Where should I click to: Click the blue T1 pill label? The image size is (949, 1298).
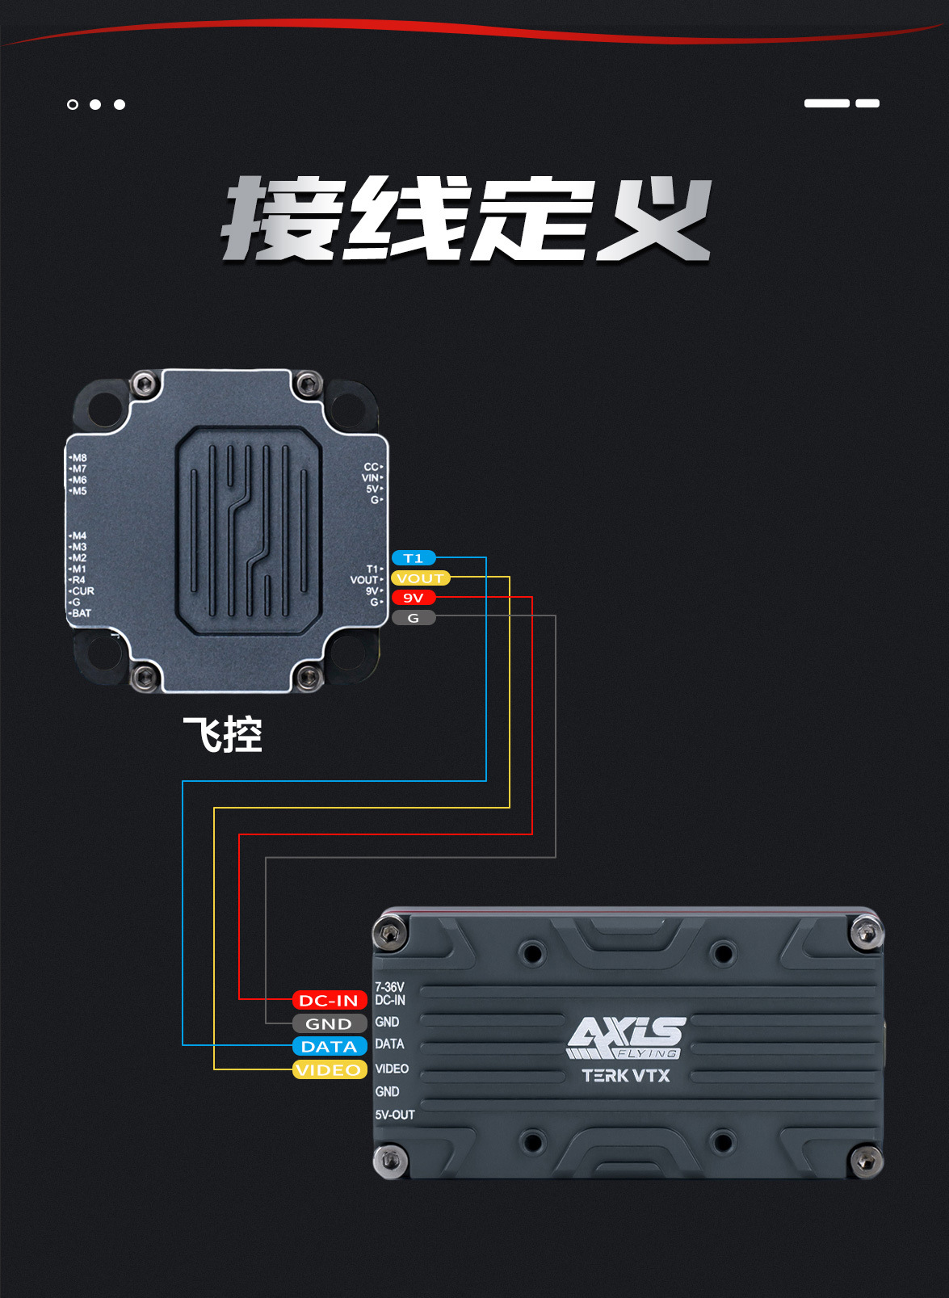point(413,558)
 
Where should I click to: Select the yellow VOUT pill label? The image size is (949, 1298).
point(420,578)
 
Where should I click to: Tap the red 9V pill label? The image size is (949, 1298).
point(413,598)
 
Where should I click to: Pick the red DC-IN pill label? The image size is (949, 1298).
point(329,1000)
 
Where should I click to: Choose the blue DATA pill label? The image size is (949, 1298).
point(329,1047)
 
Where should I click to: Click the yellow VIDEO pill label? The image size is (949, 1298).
point(329,1069)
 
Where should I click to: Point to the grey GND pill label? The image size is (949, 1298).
point(329,1023)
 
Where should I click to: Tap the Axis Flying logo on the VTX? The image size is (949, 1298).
point(626,1038)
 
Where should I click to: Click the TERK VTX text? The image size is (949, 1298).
point(626,1076)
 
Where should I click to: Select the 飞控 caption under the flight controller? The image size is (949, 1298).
point(222,734)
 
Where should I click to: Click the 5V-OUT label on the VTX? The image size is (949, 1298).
point(395,1115)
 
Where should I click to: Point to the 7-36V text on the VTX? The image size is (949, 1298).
point(389,987)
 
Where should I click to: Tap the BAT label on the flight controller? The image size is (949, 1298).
point(81,613)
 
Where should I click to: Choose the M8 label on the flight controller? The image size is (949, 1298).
point(79,458)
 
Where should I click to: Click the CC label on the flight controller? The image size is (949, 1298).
point(371,467)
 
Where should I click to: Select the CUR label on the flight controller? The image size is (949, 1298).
point(83,591)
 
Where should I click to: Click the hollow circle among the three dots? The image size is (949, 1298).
point(73,104)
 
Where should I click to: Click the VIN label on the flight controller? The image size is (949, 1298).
point(370,478)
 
